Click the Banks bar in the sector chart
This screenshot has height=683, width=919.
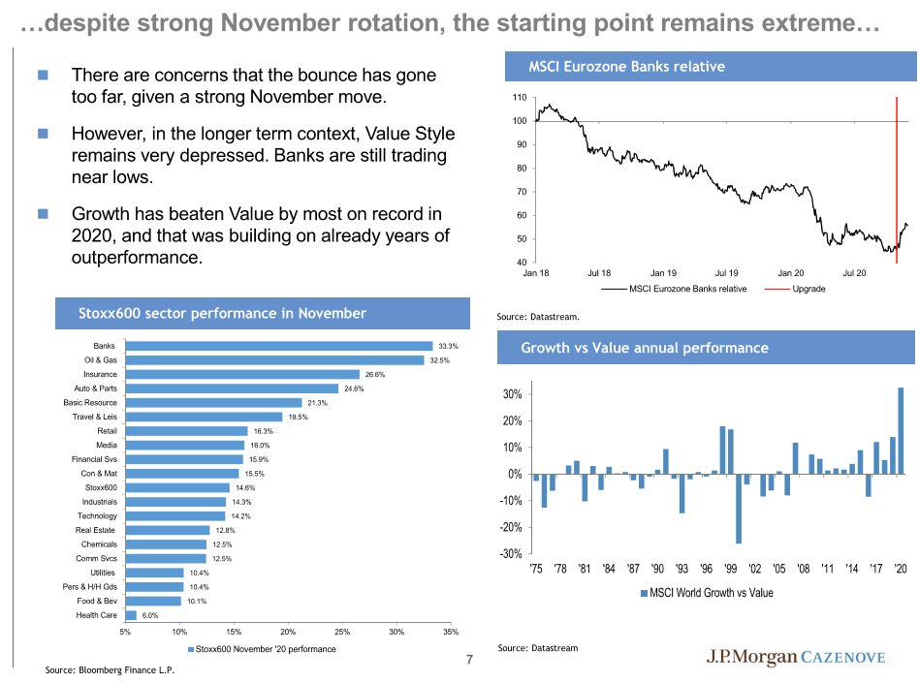(279, 346)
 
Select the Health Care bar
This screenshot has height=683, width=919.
(131, 615)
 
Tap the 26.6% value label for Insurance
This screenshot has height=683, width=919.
(375, 374)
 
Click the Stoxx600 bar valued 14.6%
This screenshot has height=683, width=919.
(177, 487)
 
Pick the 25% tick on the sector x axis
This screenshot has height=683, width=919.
(341, 632)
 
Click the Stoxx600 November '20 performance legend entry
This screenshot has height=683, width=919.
(261, 649)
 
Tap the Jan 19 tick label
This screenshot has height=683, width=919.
(663, 273)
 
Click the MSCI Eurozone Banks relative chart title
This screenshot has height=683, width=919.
(626, 67)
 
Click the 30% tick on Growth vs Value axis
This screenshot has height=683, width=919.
(512, 394)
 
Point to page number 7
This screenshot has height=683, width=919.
(469, 661)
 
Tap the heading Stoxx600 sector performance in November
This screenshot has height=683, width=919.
(222, 313)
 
